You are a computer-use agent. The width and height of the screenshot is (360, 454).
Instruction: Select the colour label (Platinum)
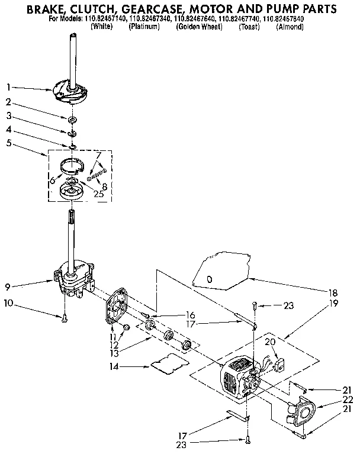point(144,27)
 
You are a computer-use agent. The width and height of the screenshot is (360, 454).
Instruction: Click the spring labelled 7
point(97,175)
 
